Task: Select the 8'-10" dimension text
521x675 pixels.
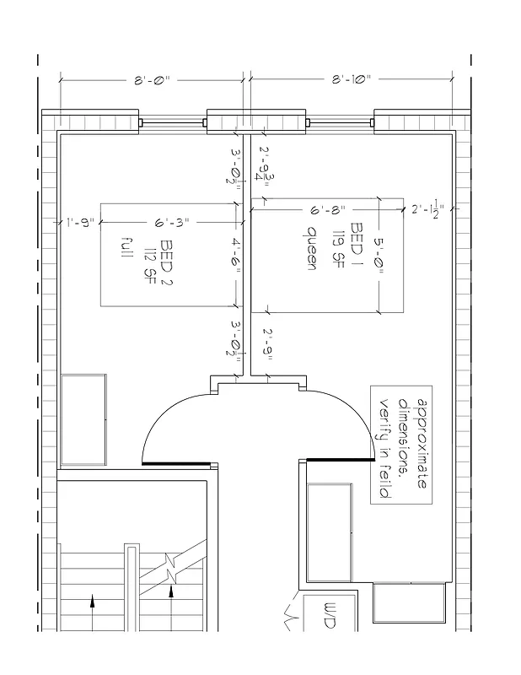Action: [351, 80]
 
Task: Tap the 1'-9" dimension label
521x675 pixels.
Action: [79, 223]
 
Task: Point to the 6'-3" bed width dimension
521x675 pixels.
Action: [171, 223]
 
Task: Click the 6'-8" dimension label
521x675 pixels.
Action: [328, 208]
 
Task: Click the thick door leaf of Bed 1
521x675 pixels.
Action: [341, 461]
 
